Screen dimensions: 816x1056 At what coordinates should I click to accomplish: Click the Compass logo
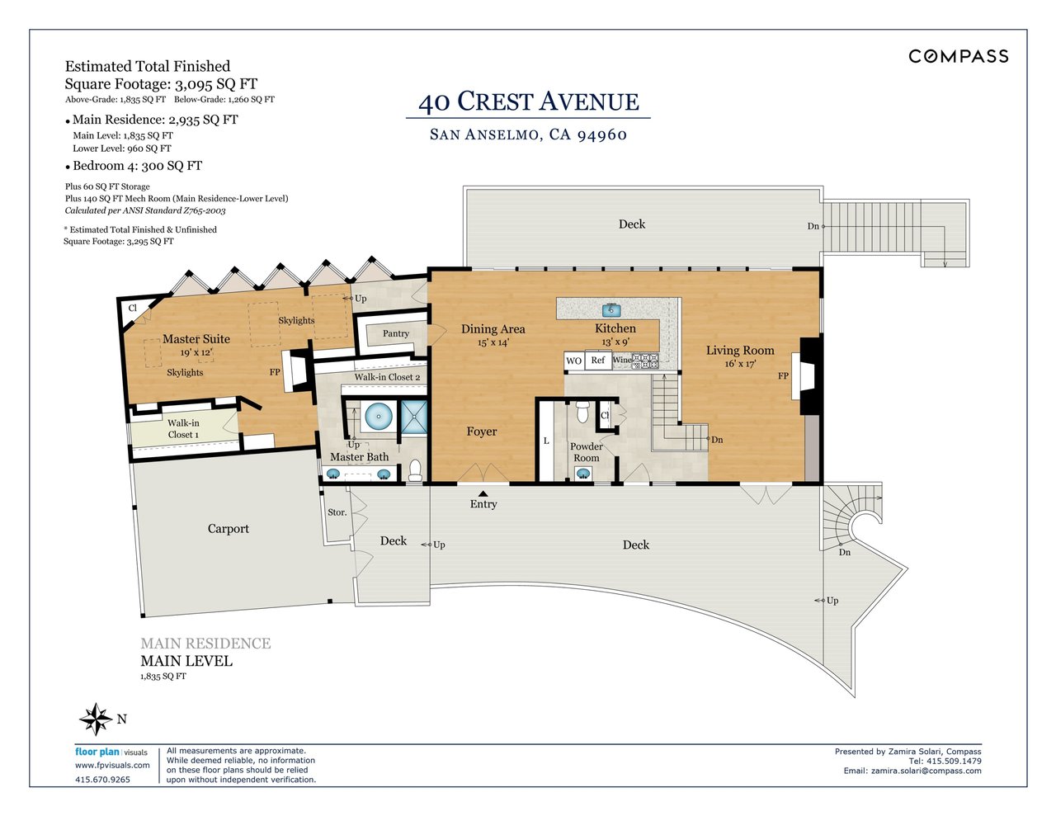pos(958,56)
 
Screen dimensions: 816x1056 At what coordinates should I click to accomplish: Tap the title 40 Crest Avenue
pos(528,101)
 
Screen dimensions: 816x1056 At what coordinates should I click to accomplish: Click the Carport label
pos(228,529)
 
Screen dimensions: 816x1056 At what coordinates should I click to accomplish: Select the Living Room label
pos(740,351)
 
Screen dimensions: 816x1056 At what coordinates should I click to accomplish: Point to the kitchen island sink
pos(611,310)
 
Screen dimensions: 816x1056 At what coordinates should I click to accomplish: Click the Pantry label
pos(396,333)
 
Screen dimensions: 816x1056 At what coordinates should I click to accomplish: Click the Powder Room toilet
pos(582,411)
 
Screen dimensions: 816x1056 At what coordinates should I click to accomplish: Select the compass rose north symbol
pos(96,719)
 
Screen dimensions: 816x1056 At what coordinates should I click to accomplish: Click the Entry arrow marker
pos(483,493)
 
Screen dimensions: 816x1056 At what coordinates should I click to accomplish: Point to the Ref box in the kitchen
pos(598,360)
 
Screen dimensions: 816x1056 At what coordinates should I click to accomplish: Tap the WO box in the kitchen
pos(574,361)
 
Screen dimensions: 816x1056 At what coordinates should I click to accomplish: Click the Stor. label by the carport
pos(337,512)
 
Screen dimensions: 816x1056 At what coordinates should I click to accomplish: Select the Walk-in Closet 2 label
pos(387,377)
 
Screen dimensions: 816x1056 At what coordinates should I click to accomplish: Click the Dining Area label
pos(493,329)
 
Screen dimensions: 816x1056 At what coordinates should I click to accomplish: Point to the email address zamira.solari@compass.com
pos(912,771)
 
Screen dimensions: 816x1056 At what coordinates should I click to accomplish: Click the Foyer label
pos(482,432)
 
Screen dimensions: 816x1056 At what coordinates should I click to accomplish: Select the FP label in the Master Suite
pos(275,372)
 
